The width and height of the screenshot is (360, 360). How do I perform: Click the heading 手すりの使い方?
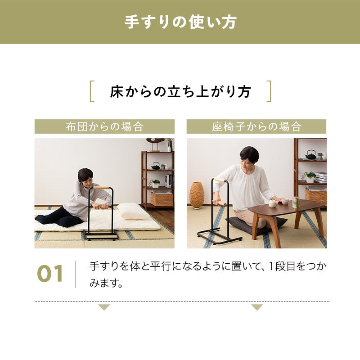[180, 22]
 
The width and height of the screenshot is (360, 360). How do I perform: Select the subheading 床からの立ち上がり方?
[180, 91]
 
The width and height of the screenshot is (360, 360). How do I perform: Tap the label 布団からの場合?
[104, 126]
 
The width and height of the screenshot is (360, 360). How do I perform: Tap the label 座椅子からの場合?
[256, 126]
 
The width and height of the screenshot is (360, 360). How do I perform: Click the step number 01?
[50, 274]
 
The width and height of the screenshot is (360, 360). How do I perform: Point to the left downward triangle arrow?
[104, 307]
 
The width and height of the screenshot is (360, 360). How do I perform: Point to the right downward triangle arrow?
[257, 307]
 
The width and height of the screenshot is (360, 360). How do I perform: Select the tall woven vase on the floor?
[197, 195]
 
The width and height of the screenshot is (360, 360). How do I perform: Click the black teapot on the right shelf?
[310, 155]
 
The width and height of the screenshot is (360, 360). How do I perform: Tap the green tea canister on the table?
[296, 202]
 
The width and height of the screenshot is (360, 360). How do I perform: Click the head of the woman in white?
[249, 155]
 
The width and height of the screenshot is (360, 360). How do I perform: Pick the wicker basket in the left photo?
[162, 198]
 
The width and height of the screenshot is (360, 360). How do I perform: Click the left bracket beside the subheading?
[92, 91]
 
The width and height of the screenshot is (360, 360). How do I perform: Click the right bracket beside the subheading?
[269, 91]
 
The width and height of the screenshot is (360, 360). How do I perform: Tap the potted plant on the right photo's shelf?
[310, 176]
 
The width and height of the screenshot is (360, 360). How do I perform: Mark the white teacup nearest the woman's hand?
[273, 204]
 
